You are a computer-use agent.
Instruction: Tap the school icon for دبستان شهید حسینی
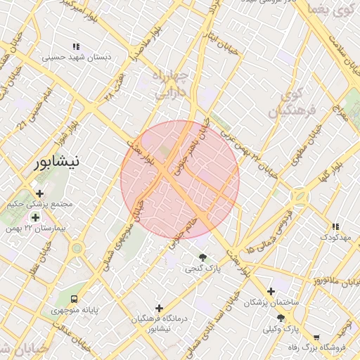point(76,47)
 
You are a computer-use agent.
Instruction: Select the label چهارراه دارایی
point(169,82)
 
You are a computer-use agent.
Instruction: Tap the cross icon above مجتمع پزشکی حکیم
point(39,193)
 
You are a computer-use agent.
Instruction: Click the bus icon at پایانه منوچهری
point(75,297)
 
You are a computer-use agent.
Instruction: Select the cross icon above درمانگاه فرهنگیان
point(160,308)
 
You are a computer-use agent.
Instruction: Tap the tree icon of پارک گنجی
point(203,257)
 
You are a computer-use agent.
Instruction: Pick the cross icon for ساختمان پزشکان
point(271,291)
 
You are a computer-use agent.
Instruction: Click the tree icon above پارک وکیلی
point(281,318)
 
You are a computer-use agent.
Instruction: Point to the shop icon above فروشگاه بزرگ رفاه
point(316,337)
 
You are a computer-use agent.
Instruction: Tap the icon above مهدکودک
point(335,226)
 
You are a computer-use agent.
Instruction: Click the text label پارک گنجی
point(203,269)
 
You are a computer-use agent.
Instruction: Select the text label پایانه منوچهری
point(73,309)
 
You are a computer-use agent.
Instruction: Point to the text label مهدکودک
point(335,238)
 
